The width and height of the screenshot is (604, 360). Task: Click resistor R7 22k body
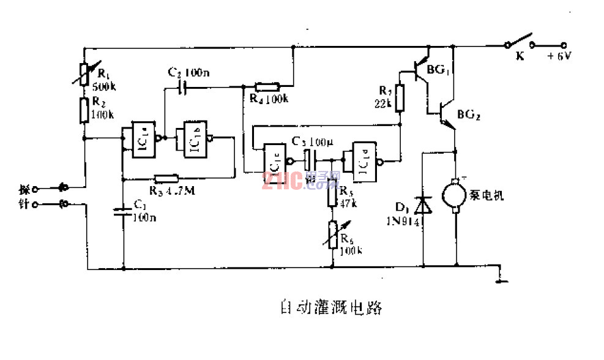(x=400, y=98)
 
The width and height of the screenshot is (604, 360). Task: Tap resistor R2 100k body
(x=84, y=111)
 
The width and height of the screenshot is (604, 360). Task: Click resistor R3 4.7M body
(x=166, y=179)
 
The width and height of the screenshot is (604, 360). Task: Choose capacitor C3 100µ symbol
(x=308, y=161)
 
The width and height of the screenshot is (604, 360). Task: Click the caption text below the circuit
(x=327, y=306)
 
